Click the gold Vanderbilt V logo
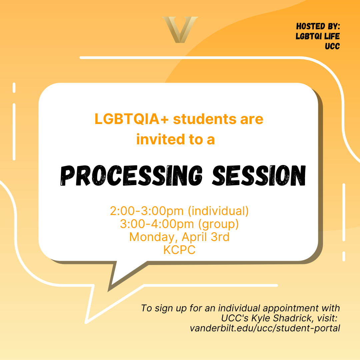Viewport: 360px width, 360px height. (x=180, y=30)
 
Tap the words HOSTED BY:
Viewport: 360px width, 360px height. (x=318, y=26)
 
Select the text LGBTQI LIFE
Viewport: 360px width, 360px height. (x=318, y=36)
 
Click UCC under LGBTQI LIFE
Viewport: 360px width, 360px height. (x=332, y=46)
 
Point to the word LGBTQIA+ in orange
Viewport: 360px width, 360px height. (x=132, y=119)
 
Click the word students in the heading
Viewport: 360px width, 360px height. (x=205, y=119)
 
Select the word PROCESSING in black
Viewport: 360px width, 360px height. (x=131, y=175)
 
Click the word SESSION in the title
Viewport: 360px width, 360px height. (x=259, y=175)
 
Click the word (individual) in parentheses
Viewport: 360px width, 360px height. (x=218, y=211)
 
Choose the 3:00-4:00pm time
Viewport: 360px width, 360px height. (x=157, y=224)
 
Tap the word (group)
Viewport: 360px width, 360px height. (x=218, y=224)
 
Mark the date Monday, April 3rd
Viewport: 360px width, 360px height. (x=179, y=237)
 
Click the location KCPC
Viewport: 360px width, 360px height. (x=179, y=250)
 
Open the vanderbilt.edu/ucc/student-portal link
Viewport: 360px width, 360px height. (x=265, y=328)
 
